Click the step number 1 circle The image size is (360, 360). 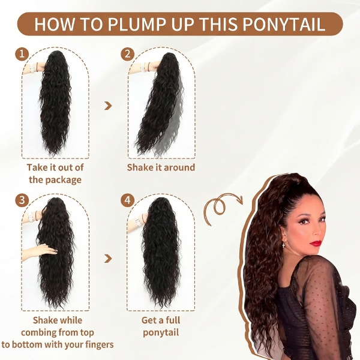[23, 55]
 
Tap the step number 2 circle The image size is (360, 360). [127, 55]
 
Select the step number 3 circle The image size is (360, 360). [23, 200]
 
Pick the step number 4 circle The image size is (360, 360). [127, 200]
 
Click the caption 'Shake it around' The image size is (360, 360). [161, 167]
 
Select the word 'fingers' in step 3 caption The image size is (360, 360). [97, 344]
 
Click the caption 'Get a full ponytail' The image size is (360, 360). [161, 326]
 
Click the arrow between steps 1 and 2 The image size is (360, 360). [108, 106]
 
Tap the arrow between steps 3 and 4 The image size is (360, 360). [108, 259]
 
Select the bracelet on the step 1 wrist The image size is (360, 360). [31, 68]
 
